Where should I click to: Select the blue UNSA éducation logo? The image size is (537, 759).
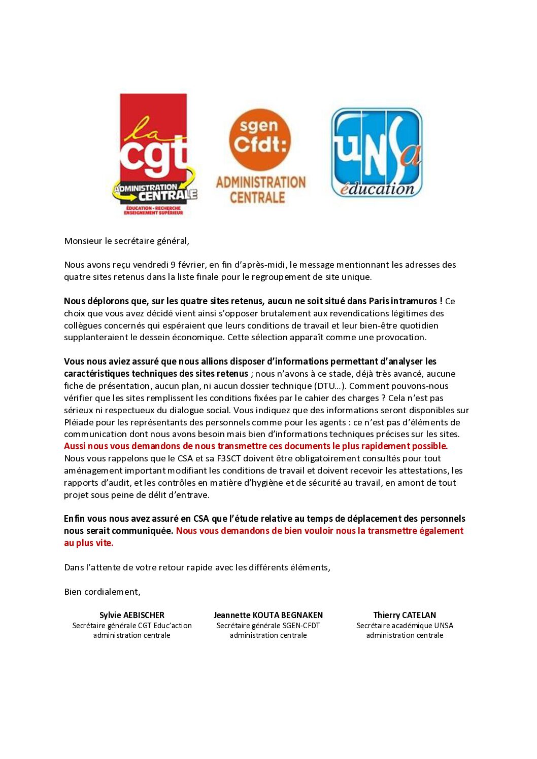coord(377,152)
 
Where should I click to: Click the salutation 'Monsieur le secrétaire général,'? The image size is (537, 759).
coord(126,241)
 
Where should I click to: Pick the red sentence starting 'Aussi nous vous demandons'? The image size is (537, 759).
coord(256,446)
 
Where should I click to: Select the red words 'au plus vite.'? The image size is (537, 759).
coord(89,543)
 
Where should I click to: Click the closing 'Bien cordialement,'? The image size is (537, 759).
coord(102,592)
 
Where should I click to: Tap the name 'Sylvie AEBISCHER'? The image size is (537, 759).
coord(132,615)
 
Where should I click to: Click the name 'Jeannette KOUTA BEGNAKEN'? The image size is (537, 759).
coord(268,615)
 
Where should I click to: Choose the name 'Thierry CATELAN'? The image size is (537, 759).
coord(405,615)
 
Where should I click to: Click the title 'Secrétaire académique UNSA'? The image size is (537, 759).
coord(405,626)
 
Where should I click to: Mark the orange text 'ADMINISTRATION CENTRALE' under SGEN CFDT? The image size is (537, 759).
coord(260,190)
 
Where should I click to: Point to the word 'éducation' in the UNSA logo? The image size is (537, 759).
coord(377,189)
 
